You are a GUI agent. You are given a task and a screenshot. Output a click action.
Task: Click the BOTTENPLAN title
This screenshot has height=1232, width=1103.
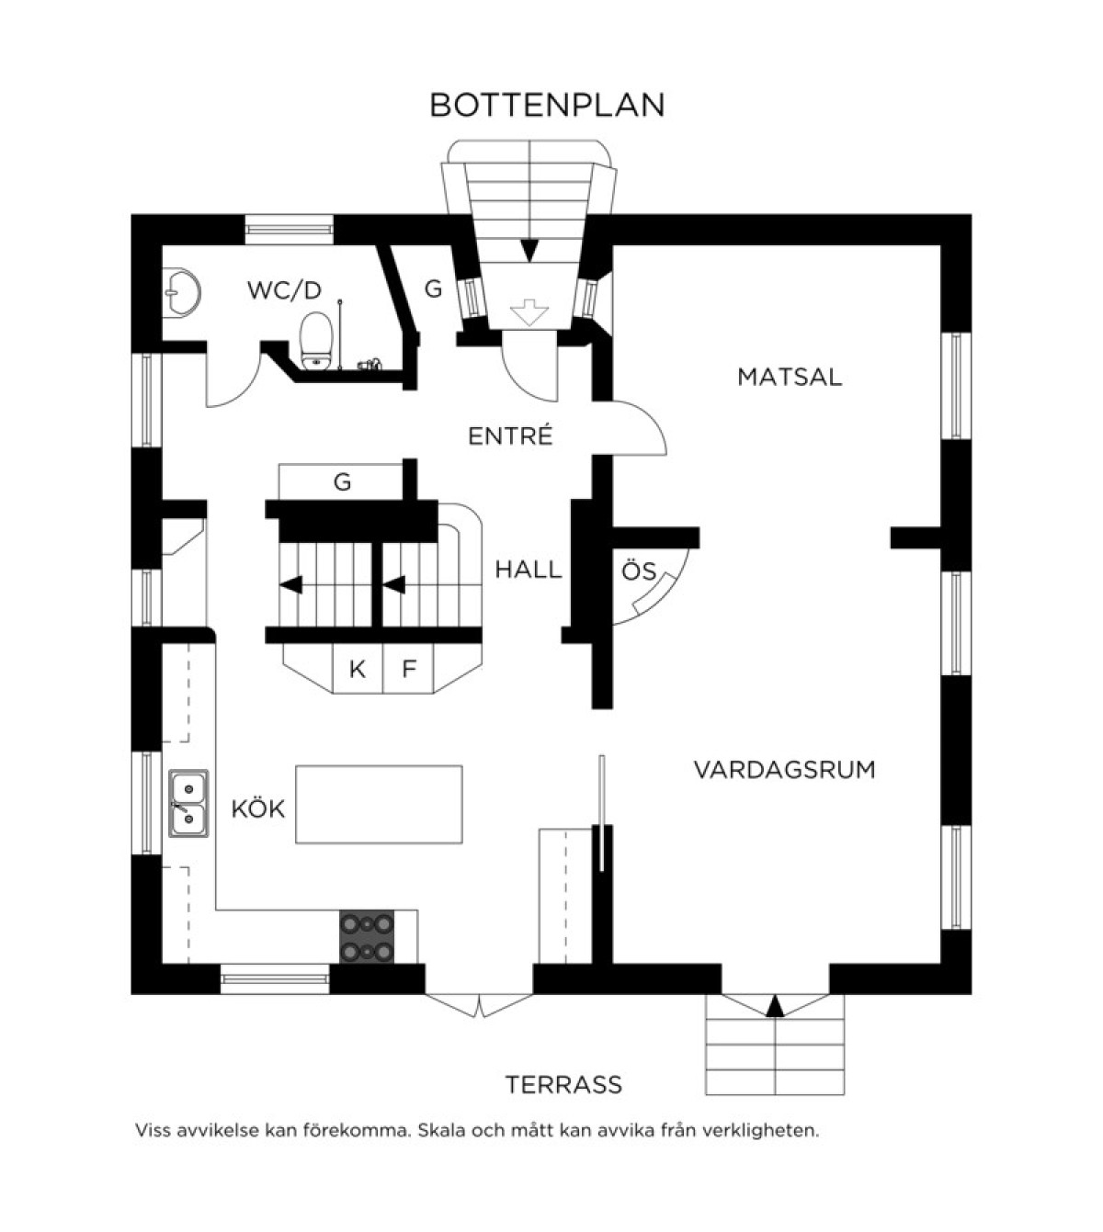pyautogui.click(x=547, y=106)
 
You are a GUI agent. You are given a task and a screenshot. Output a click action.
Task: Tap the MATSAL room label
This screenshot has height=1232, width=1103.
pyautogui.click(x=790, y=377)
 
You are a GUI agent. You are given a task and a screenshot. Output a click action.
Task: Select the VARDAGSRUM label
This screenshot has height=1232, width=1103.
pyautogui.click(x=784, y=770)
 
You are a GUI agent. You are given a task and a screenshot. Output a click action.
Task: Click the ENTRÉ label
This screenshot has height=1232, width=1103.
pyautogui.click(x=510, y=435)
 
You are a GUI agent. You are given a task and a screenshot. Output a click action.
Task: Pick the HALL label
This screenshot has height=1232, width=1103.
pyautogui.click(x=529, y=570)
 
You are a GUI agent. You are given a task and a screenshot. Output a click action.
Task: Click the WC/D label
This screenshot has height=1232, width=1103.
pyautogui.click(x=284, y=290)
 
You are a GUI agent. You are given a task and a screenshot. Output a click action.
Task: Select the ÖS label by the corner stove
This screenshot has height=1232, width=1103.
pyautogui.click(x=639, y=571)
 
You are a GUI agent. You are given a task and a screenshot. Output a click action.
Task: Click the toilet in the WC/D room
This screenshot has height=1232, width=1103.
pyautogui.click(x=316, y=341)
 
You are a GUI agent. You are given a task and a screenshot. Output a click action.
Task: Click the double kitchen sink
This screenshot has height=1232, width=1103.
pyautogui.click(x=188, y=803)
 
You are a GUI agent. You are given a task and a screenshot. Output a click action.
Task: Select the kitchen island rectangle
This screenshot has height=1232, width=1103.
pyautogui.click(x=379, y=804)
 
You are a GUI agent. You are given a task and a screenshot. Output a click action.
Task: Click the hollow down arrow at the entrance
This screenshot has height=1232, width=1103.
pyautogui.click(x=529, y=312)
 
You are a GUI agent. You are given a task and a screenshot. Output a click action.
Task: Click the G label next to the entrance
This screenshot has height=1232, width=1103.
pyautogui.click(x=433, y=288)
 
